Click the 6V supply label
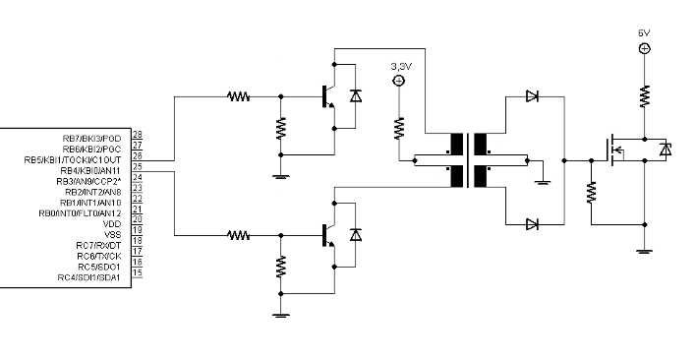644,32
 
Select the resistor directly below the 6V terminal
645,95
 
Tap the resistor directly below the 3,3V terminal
399,127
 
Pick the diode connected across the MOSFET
665,150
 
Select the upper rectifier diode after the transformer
532,96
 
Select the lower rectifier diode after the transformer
532,224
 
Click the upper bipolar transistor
328,96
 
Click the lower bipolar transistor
328,235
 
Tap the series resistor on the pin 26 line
238,96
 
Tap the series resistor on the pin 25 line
238,235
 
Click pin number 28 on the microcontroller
137,135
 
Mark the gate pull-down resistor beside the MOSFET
592,192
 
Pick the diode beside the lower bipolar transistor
356,235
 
